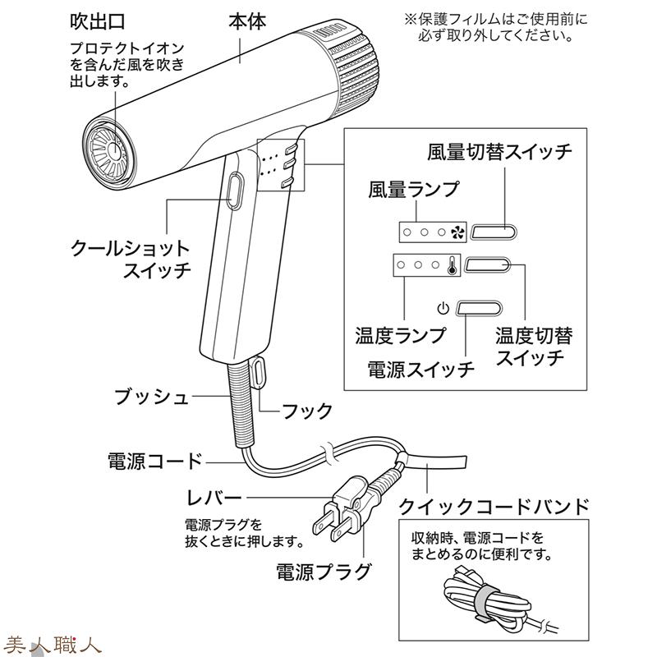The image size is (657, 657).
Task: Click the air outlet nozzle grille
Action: click(x=110, y=151)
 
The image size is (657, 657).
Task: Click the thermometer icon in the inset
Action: click(x=452, y=266)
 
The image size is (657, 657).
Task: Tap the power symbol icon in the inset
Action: click(x=443, y=309)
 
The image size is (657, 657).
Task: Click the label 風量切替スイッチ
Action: click(x=499, y=152)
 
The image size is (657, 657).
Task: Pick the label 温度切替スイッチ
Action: click(x=533, y=347)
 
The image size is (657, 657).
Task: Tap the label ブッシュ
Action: click(x=151, y=398)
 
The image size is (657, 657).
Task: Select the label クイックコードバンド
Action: click(x=494, y=505)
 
